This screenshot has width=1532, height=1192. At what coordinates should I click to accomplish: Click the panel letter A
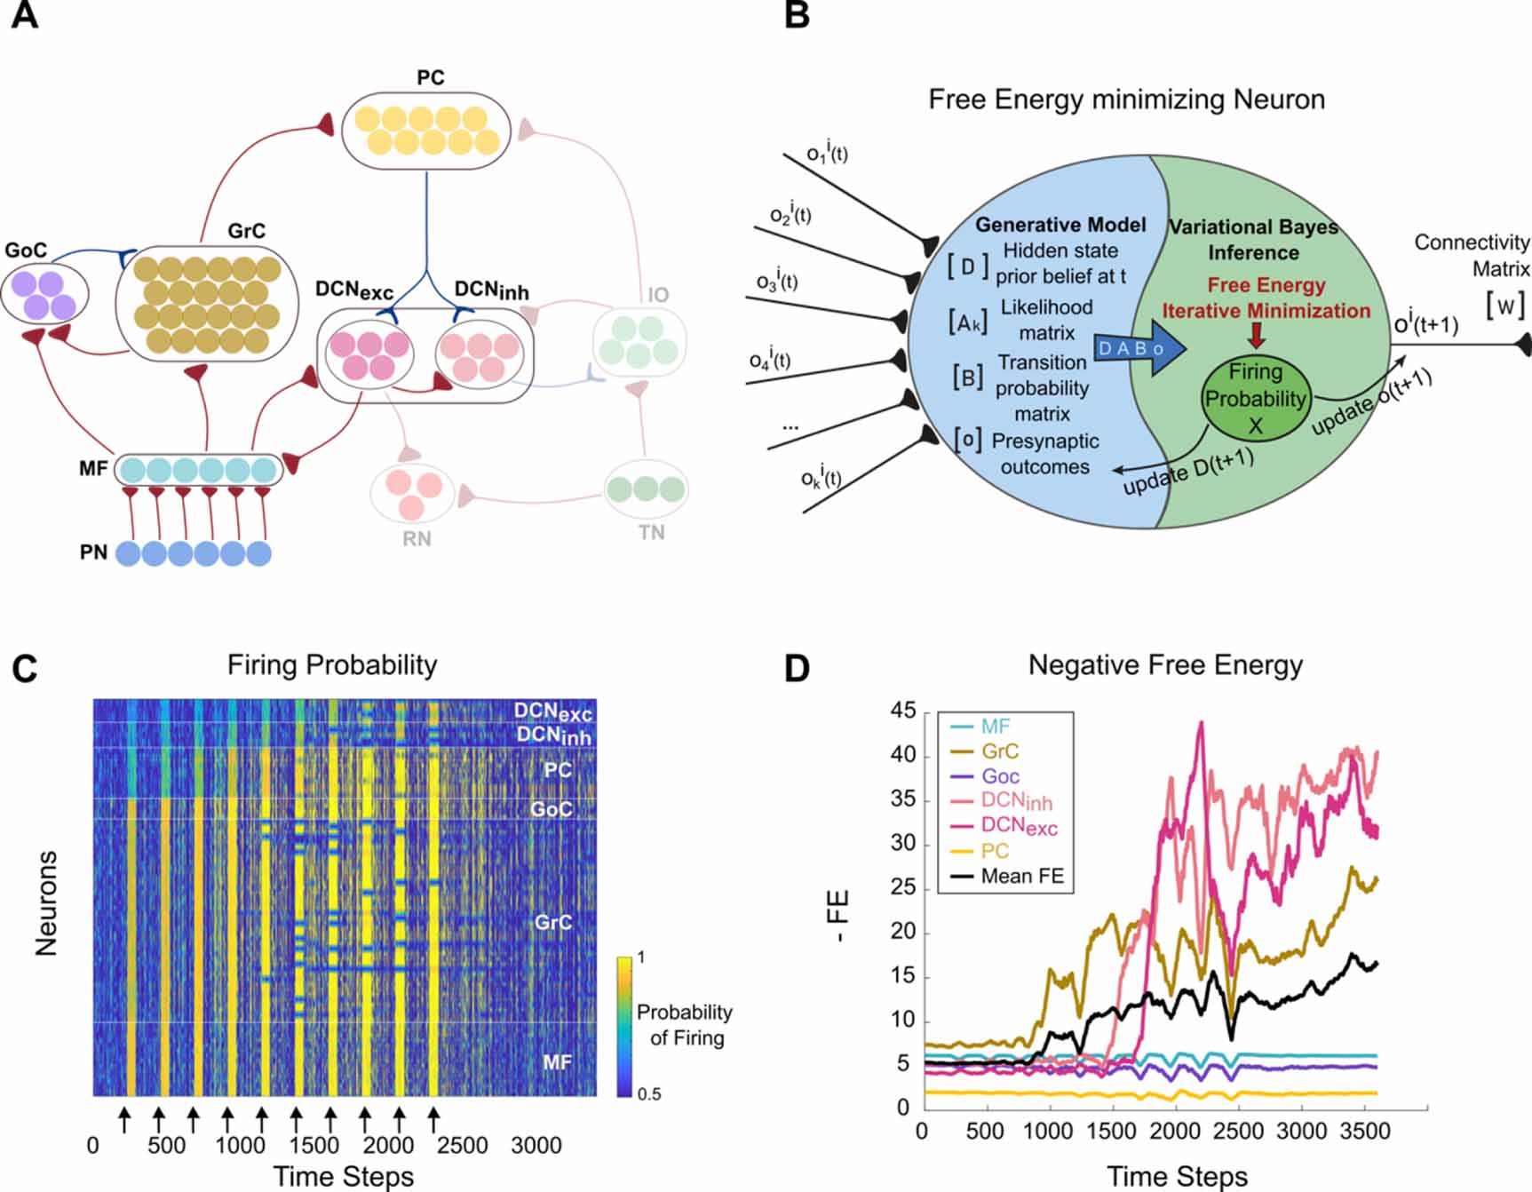[x=24, y=15]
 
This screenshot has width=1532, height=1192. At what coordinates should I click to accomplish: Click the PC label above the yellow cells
[x=430, y=78]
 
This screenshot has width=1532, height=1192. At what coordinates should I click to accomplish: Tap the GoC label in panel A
[x=26, y=250]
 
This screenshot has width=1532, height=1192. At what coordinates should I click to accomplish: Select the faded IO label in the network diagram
[x=657, y=295]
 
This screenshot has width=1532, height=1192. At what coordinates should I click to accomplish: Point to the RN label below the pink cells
[x=417, y=539]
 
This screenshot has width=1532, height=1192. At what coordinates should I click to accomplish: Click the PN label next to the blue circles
[x=93, y=552]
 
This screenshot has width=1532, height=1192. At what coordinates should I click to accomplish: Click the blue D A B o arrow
[x=1139, y=348]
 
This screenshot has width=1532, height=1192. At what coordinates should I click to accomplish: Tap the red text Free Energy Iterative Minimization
[x=1266, y=298]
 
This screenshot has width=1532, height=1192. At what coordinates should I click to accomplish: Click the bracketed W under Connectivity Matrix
[x=1505, y=306]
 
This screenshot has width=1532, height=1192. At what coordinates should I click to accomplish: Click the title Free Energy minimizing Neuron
[x=1126, y=99]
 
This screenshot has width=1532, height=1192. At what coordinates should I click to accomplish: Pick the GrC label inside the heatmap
[x=552, y=923]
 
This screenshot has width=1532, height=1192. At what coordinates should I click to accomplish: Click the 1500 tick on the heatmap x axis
[x=314, y=1146]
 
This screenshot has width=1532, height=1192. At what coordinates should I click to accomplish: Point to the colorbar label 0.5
[x=648, y=1094]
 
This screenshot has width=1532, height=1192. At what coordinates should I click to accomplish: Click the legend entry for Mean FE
[x=1021, y=877]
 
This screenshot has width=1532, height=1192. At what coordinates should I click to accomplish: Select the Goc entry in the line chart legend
[x=1000, y=776]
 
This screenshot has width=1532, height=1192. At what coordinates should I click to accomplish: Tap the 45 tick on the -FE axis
[x=902, y=711]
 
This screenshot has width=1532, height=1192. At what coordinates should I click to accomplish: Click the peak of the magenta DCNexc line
[x=1201, y=723]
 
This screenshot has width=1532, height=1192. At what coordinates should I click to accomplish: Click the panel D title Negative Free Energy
[x=1164, y=665]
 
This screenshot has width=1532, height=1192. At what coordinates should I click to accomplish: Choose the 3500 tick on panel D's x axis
[x=1364, y=1132]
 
